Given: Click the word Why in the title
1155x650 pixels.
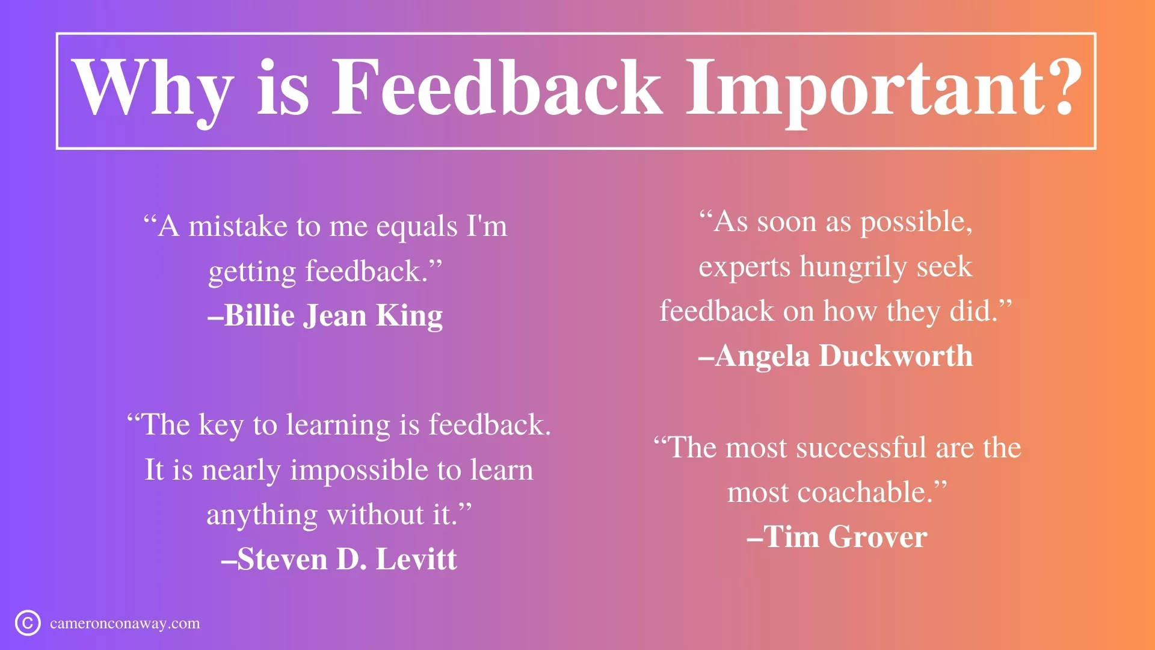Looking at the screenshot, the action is [153, 89].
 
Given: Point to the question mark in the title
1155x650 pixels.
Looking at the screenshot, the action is [1063, 87].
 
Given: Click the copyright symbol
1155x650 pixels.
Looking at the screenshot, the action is [28, 623].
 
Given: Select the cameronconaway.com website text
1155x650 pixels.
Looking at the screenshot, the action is [125, 624].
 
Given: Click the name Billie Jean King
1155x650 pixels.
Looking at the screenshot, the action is [325, 315].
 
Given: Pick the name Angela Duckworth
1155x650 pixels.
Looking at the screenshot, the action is [836, 356].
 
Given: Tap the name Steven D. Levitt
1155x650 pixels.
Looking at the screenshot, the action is [339, 559].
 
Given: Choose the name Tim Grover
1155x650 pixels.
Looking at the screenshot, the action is [837, 537].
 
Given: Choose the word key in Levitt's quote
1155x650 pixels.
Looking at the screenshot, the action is [221, 426].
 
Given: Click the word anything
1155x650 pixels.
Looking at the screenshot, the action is [262, 516].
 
